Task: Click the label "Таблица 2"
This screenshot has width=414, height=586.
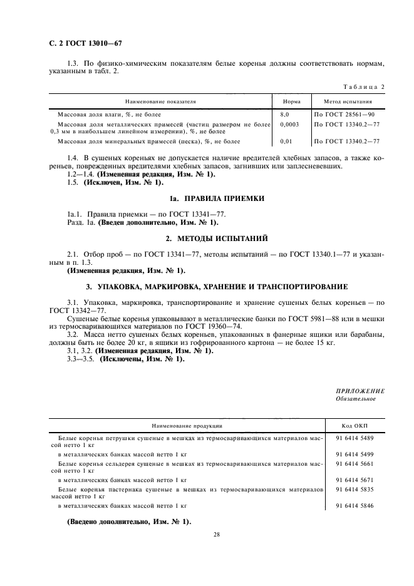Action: pos(365,85)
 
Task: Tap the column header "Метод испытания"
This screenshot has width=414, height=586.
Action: pos(348,101)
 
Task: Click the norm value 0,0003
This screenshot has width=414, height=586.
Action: pos(289,124)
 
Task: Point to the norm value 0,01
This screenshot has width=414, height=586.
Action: pos(286,141)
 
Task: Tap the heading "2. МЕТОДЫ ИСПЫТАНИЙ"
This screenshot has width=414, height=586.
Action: pos(207,239)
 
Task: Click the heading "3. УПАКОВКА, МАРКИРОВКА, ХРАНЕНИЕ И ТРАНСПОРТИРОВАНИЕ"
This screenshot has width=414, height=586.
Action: pos(207,286)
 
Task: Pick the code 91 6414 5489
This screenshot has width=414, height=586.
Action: pos(354,438)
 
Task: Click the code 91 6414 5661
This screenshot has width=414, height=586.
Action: pos(354,465)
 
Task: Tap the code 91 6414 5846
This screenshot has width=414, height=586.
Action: pos(354,505)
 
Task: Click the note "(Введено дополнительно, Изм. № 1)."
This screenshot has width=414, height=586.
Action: pos(128,522)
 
